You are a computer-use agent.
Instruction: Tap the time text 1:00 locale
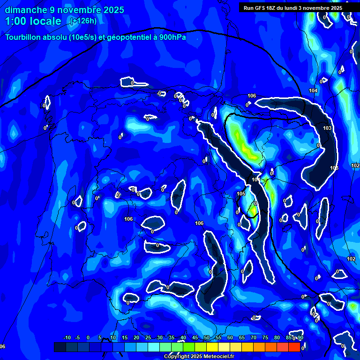pyautogui.click(x=33, y=21)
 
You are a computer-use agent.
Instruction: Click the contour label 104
pyautogui.click(x=313, y=90)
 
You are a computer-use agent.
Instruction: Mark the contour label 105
pyautogui.click(x=241, y=194)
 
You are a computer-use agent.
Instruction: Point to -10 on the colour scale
pyautogui.click(x=67, y=338)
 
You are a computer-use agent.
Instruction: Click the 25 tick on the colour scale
pyautogui.click(x=148, y=338)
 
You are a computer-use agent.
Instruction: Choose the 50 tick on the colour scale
pyautogui.click(x=207, y=338)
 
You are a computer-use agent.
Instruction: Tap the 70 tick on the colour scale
pyautogui.click(x=254, y=338)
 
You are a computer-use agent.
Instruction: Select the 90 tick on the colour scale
pyautogui.click(x=300, y=338)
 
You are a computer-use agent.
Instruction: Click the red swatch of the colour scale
pyautogui.click(x=294, y=347)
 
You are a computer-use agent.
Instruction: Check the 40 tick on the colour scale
pyautogui.click(x=183, y=338)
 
